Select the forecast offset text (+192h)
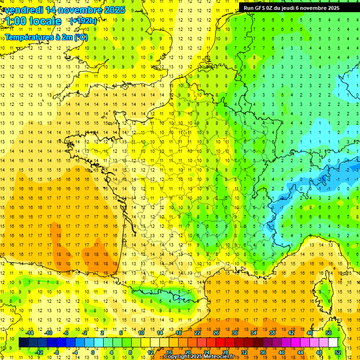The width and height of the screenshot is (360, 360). (x=83, y=21)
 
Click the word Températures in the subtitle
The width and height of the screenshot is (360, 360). (x=27, y=37)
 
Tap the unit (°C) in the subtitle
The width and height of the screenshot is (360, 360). (x=80, y=37)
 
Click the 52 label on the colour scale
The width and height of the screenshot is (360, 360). (x=338, y=352)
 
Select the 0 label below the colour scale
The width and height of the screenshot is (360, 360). (x=93, y=352)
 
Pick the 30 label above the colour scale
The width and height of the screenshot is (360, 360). (x=235, y=333)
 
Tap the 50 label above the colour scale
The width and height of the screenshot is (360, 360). (x=329, y=333)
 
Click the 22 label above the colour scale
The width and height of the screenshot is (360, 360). (x=197, y=333)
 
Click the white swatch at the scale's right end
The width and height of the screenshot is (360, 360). (x=333, y=343)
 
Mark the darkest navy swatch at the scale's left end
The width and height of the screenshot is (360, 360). (x=23, y=343)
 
